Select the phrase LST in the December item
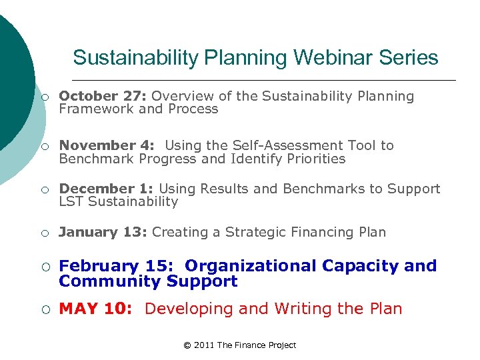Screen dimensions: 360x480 pyautogui.click(x=71, y=201)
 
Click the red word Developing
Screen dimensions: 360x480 pyautogui.click(x=187, y=309)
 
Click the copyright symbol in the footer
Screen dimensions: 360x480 pyautogui.click(x=187, y=345)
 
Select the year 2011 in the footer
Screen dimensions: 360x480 pyautogui.click(x=205, y=345)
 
